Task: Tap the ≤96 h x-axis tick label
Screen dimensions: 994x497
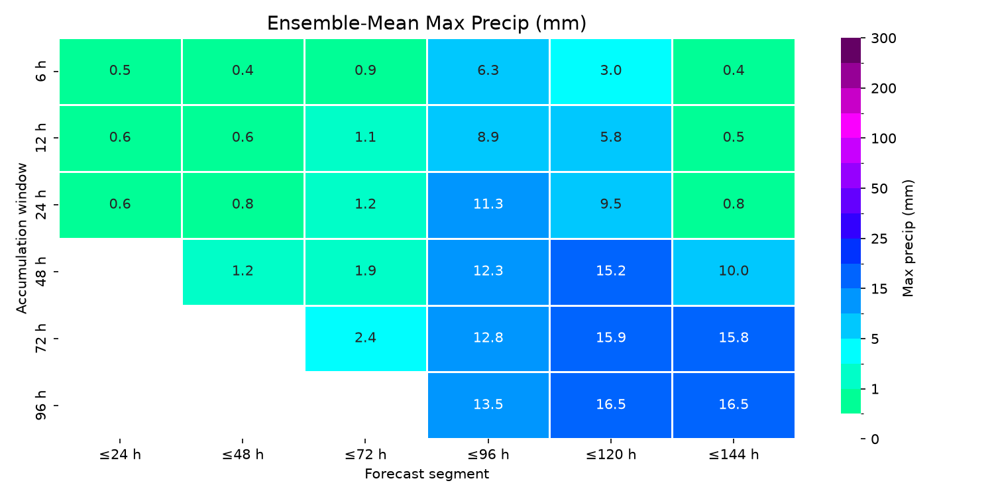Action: pyautogui.click(x=488, y=455)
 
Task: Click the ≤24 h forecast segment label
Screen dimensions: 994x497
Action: pyautogui.click(x=120, y=455)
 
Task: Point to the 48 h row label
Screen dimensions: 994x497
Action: pyautogui.click(x=40, y=272)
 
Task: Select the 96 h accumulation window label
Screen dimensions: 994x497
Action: pyautogui.click(x=40, y=406)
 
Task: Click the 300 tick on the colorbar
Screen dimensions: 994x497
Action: pyautogui.click(x=883, y=38)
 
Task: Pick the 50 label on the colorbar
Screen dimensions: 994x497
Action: pyautogui.click(x=879, y=189)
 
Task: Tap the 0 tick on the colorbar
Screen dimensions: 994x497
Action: pyautogui.click(x=875, y=439)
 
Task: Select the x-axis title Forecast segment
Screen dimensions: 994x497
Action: pyautogui.click(x=427, y=474)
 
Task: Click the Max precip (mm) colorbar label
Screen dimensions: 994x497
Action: pyautogui.click(x=908, y=239)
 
